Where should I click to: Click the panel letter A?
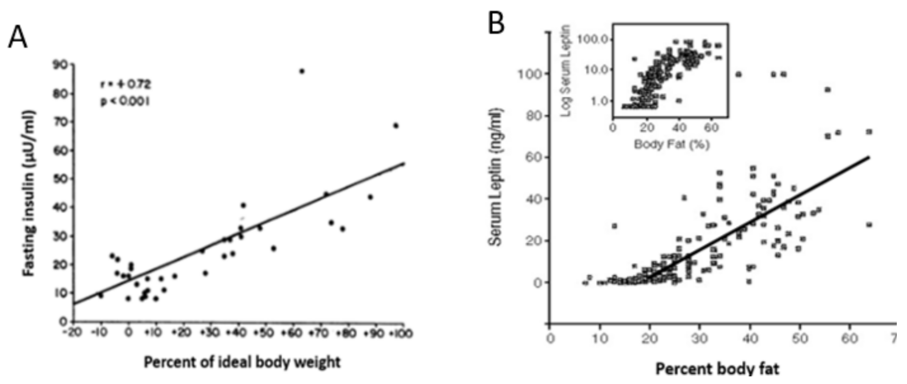pyautogui.click(x=18, y=38)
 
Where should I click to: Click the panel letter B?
pyautogui.click(x=497, y=23)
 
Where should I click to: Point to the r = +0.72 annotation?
pyautogui.click(x=125, y=84)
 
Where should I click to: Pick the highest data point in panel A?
pyautogui.click(x=302, y=71)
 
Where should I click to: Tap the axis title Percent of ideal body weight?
pyautogui.click(x=242, y=362)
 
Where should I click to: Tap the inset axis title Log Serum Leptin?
pyautogui.click(x=566, y=71)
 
